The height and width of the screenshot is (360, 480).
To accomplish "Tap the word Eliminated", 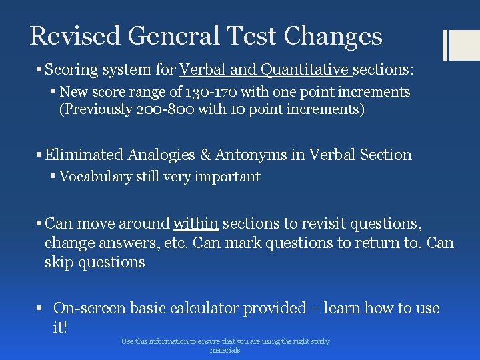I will (x=84, y=155).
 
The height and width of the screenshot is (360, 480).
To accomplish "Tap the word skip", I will (x=59, y=262).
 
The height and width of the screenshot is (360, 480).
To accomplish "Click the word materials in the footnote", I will (x=225, y=350).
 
